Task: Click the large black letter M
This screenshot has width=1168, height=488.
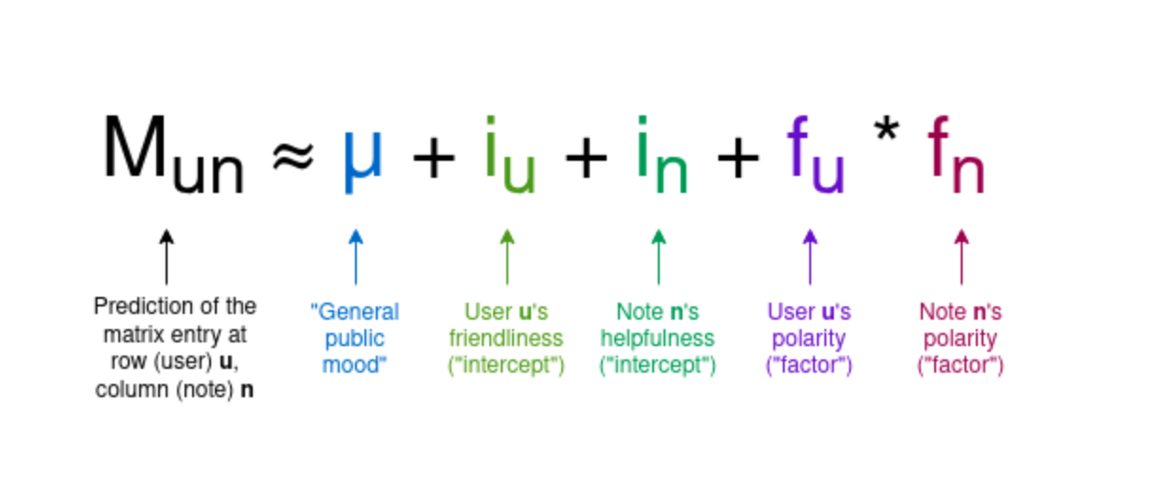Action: pyautogui.click(x=135, y=147)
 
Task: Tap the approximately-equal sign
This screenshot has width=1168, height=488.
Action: pyautogui.click(x=293, y=156)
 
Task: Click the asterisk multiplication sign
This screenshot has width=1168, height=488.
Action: pyautogui.click(x=887, y=130)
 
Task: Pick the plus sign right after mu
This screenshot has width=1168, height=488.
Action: pyautogui.click(x=434, y=157)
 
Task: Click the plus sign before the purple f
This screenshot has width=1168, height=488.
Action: pyautogui.click(x=738, y=157)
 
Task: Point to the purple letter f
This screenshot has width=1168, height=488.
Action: pyautogui.click(x=797, y=147)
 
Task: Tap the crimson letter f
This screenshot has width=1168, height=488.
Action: pyautogui.click(x=938, y=147)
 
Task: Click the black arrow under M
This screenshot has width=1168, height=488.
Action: pyautogui.click(x=167, y=256)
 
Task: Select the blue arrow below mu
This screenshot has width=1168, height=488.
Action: pyautogui.click(x=356, y=256)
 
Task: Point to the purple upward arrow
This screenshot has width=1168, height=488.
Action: pyautogui.click(x=810, y=256)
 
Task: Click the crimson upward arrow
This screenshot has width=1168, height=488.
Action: pyautogui.click(x=962, y=256)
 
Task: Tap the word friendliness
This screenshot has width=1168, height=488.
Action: pyautogui.click(x=505, y=339)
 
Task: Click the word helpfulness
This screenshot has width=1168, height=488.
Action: pyautogui.click(x=657, y=339)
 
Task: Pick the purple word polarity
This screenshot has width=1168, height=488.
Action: pyautogui.click(x=808, y=340)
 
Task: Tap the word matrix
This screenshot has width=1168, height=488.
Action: pyautogui.click(x=132, y=335)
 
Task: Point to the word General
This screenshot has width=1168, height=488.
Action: pyautogui.click(x=358, y=312)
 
